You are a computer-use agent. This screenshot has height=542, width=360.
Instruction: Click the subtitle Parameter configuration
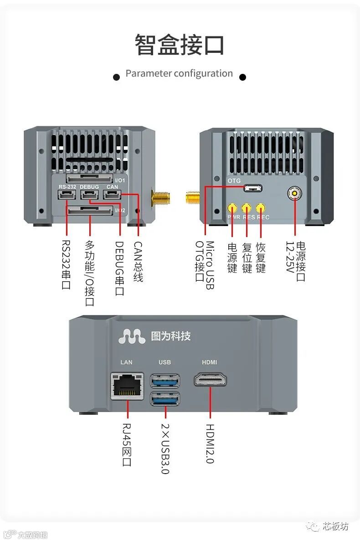(x=179, y=73)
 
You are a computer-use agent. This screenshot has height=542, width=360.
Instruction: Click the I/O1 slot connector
(x=90, y=178)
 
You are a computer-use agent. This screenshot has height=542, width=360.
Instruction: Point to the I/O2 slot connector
(x=90, y=210)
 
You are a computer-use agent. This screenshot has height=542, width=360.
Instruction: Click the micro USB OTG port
(x=252, y=188)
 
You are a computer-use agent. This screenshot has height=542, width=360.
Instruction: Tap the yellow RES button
(x=247, y=208)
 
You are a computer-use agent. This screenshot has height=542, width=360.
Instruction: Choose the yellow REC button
(x=261, y=208)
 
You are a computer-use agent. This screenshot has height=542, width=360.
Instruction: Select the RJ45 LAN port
(x=127, y=386)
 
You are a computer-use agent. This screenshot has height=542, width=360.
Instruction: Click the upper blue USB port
(x=165, y=380)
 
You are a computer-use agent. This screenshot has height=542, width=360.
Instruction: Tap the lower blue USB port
(x=165, y=399)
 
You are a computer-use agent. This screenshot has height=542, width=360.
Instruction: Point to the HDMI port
(x=210, y=379)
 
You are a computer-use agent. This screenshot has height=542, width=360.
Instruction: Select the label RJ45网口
(x=127, y=445)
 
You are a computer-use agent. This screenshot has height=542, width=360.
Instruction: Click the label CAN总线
(x=138, y=262)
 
